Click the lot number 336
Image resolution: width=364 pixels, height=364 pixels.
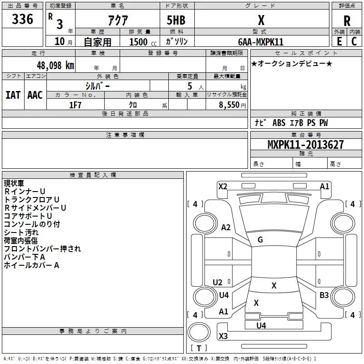(x=22, y=19)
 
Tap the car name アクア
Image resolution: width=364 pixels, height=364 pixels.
(x=118, y=20)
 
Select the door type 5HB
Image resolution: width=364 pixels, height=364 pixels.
(x=176, y=20)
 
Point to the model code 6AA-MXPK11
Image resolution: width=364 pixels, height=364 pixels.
(x=261, y=42)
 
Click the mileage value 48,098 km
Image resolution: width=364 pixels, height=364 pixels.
(x=56, y=65)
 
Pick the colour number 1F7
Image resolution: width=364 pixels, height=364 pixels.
(x=75, y=105)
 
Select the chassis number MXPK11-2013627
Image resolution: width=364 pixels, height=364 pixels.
(x=305, y=144)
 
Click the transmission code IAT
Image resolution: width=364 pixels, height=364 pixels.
(x=13, y=95)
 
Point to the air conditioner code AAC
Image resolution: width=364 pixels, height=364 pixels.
(x=35, y=95)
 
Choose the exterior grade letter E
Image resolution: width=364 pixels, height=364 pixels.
(x=339, y=41)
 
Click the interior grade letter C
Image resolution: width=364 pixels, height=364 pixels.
(x=354, y=41)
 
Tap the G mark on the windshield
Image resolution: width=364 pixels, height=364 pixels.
(x=260, y=239)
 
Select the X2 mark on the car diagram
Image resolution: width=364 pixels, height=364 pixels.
(x=223, y=187)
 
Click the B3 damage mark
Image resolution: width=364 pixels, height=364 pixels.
(x=324, y=295)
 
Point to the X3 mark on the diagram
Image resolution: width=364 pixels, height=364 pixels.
(x=223, y=336)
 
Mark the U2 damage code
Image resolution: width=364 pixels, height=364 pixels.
(x=217, y=282)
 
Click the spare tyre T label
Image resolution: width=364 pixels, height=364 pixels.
(x=199, y=348)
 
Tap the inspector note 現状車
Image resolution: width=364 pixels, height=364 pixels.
(x=14, y=183)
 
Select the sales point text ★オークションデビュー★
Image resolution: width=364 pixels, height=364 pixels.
(x=292, y=63)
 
